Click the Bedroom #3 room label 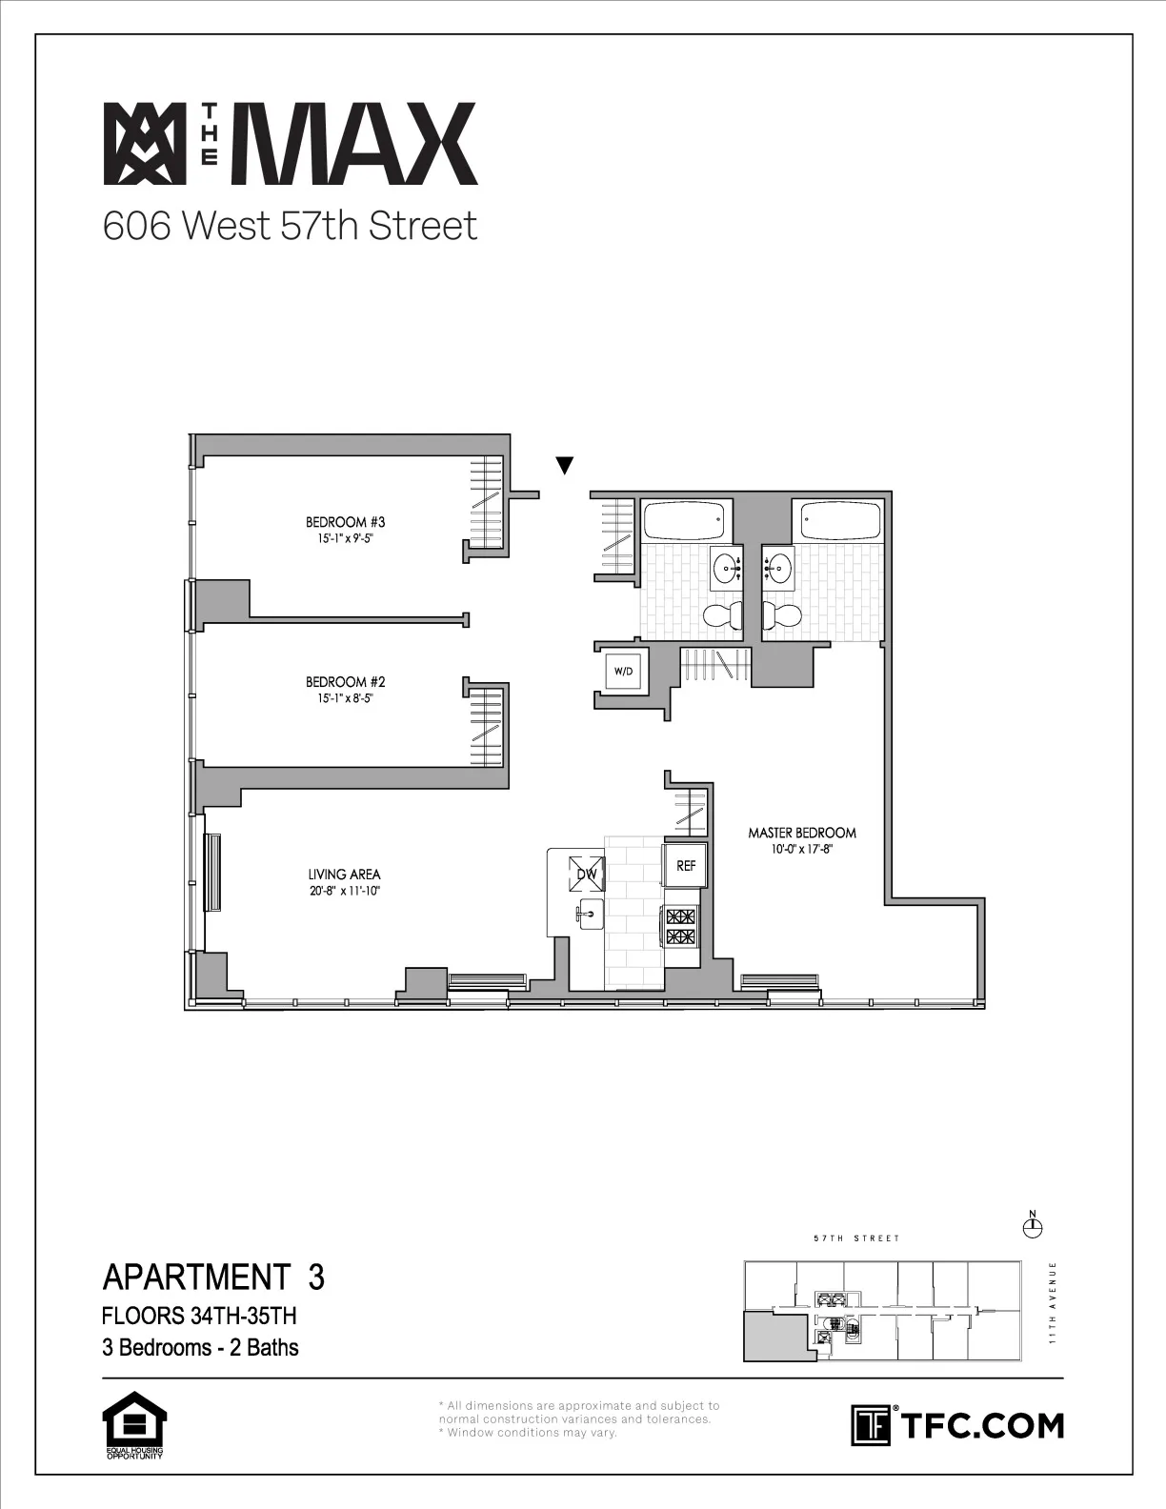point(345,522)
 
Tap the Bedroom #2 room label point(345,682)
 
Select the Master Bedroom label point(801,833)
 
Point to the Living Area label point(344,875)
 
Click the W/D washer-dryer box point(623,672)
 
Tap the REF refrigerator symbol point(686,866)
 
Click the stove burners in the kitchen point(680,927)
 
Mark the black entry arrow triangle point(565,465)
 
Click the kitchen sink point(588,915)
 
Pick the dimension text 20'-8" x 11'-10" point(344,892)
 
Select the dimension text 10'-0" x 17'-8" point(801,850)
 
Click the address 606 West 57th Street point(290,227)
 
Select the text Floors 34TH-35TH point(199,1316)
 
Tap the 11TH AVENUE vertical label point(1052,1302)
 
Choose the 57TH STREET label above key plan point(856,1238)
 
